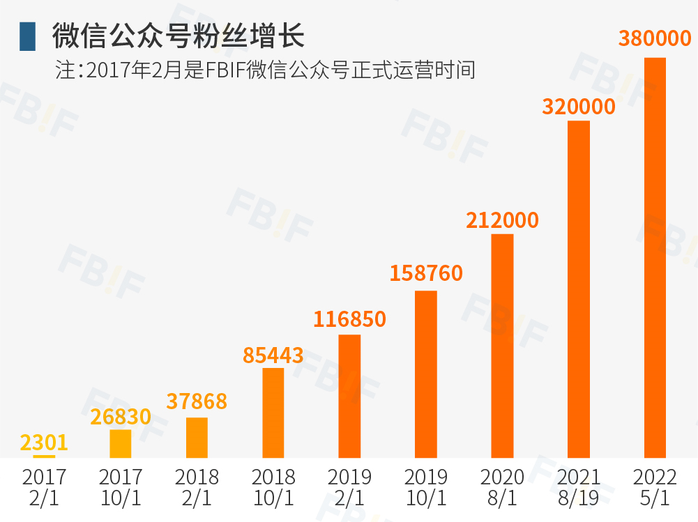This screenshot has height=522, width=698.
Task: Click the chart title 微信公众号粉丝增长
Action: pos(179,36)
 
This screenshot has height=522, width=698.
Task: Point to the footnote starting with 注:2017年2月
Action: pos(265,70)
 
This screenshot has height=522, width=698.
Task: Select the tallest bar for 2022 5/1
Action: pos(655,258)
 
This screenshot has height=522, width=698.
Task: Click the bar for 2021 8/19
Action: pos(579,289)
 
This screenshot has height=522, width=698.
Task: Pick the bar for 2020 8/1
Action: pos(502,346)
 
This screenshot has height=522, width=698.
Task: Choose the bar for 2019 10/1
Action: pos(426,374)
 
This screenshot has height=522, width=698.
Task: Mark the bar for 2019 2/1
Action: pos(349,396)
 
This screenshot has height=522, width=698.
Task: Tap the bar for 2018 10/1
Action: pos(273,413)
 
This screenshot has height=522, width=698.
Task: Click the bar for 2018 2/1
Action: pos(197,438)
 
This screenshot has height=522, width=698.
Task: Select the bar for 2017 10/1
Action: pos(121,443)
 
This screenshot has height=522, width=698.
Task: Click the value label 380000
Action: pos(655,38)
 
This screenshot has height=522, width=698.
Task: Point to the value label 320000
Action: pos(579,107)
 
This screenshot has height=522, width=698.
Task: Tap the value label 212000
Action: pos(502,220)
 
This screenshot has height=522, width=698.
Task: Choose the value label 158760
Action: pos(426,273)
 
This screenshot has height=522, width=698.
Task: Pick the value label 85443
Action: pos(273,355)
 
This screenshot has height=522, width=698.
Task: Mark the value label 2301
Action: pos(44,443)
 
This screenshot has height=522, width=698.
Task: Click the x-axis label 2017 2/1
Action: pos(44,487)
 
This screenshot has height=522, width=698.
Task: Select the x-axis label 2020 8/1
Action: pos(502,487)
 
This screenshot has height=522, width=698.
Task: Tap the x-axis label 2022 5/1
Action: pos(655,487)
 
